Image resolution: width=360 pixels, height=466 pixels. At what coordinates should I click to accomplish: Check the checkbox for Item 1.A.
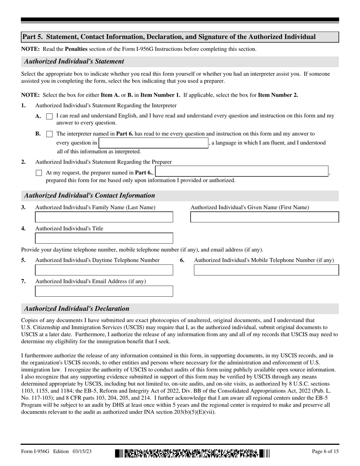[x=49, y=117]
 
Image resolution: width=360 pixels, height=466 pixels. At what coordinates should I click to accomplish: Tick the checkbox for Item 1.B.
[x=49, y=134]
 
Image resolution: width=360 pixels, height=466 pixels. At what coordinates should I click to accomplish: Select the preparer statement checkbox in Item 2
[x=39, y=173]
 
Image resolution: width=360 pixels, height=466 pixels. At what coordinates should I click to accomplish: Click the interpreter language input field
[x=153, y=143]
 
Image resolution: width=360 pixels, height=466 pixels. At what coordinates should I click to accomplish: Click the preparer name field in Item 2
[x=242, y=172]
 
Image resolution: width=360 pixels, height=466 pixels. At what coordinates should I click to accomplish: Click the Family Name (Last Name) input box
[x=104, y=217]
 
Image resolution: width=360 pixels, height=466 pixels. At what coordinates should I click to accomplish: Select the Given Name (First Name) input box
[x=264, y=217]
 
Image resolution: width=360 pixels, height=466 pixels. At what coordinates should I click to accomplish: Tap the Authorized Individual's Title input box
[x=104, y=238]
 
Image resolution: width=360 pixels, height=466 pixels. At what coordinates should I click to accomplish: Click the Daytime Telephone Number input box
[x=104, y=270]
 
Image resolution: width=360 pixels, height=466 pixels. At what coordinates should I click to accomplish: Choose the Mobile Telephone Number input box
[x=266, y=270]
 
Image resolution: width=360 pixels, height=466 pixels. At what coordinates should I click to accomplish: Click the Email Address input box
[x=104, y=291]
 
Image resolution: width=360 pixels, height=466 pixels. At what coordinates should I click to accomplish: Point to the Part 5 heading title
[x=169, y=37]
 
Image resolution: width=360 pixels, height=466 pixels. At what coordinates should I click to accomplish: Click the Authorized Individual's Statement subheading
[x=74, y=61]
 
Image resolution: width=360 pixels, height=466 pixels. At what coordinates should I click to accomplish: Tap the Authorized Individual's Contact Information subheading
[x=89, y=195]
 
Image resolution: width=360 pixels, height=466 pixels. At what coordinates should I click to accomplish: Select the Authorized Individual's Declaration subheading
[x=77, y=308]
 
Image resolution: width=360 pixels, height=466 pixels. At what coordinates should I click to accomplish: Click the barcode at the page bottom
[x=192, y=453]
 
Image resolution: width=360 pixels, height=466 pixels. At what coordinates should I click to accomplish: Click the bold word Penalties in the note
[x=76, y=49]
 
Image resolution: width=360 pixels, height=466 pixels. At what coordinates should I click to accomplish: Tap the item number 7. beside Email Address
[x=23, y=281]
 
